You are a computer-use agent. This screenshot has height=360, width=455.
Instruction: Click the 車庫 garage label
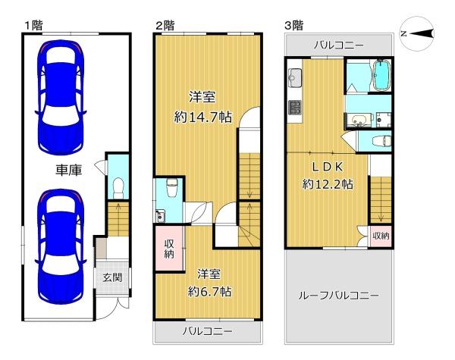(x=69, y=170)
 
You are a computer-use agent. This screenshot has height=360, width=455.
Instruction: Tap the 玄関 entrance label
(x=112, y=277)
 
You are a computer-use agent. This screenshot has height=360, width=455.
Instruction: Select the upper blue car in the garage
(x=61, y=97)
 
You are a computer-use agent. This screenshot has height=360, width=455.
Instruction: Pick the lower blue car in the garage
(x=61, y=246)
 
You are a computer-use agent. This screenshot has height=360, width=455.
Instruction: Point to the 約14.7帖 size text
(x=202, y=117)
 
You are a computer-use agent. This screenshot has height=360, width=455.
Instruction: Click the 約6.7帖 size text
(x=209, y=291)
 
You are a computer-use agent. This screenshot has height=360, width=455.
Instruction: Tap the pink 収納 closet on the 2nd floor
(x=169, y=249)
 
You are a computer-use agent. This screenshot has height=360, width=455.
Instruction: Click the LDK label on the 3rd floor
(x=328, y=167)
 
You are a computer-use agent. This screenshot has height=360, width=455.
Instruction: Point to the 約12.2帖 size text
(x=328, y=184)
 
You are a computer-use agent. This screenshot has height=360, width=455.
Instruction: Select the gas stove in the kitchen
(x=295, y=107)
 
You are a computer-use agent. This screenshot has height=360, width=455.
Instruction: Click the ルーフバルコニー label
(x=338, y=296)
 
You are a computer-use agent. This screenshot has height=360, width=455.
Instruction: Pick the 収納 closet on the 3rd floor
(x=381, y=236)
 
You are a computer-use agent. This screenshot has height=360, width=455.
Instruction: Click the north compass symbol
(x=417, y=34)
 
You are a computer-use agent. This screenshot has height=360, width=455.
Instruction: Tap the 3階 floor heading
(x=293, y=26)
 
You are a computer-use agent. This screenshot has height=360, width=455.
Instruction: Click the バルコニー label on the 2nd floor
(x=207, y=331)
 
